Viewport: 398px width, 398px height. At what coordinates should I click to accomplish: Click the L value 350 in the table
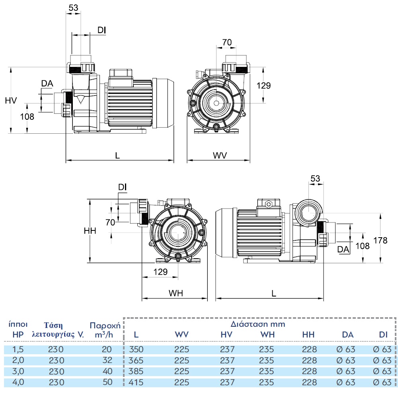tap(136, 350)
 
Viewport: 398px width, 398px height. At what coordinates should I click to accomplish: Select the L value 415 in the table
tap(136, 382)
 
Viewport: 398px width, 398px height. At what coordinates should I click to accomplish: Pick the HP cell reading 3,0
tap(18, 371)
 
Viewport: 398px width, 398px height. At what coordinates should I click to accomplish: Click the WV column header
tap(182, 335)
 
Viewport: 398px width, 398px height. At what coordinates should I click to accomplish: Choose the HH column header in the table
tap(309, 335)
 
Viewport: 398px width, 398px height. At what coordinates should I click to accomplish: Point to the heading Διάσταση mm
tap(258, 324)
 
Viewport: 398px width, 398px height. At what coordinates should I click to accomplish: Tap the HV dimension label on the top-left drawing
tap(12, 100)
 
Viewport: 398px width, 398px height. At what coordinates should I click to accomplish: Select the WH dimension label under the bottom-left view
tap(176, 293)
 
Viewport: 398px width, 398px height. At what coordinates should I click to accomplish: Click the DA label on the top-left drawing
tap(47, 83)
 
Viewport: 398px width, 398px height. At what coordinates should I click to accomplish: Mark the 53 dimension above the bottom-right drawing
tap(315, 179)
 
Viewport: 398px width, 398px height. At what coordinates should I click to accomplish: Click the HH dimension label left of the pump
tap(90, 231)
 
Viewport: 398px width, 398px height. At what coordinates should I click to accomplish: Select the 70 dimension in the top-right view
tap(227, 42)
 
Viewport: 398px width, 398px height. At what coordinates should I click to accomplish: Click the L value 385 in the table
tap(136, 371)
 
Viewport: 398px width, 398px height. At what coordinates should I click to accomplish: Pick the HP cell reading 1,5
tap(18, 350)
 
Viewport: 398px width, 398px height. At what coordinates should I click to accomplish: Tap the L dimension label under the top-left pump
tap(117, 155)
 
